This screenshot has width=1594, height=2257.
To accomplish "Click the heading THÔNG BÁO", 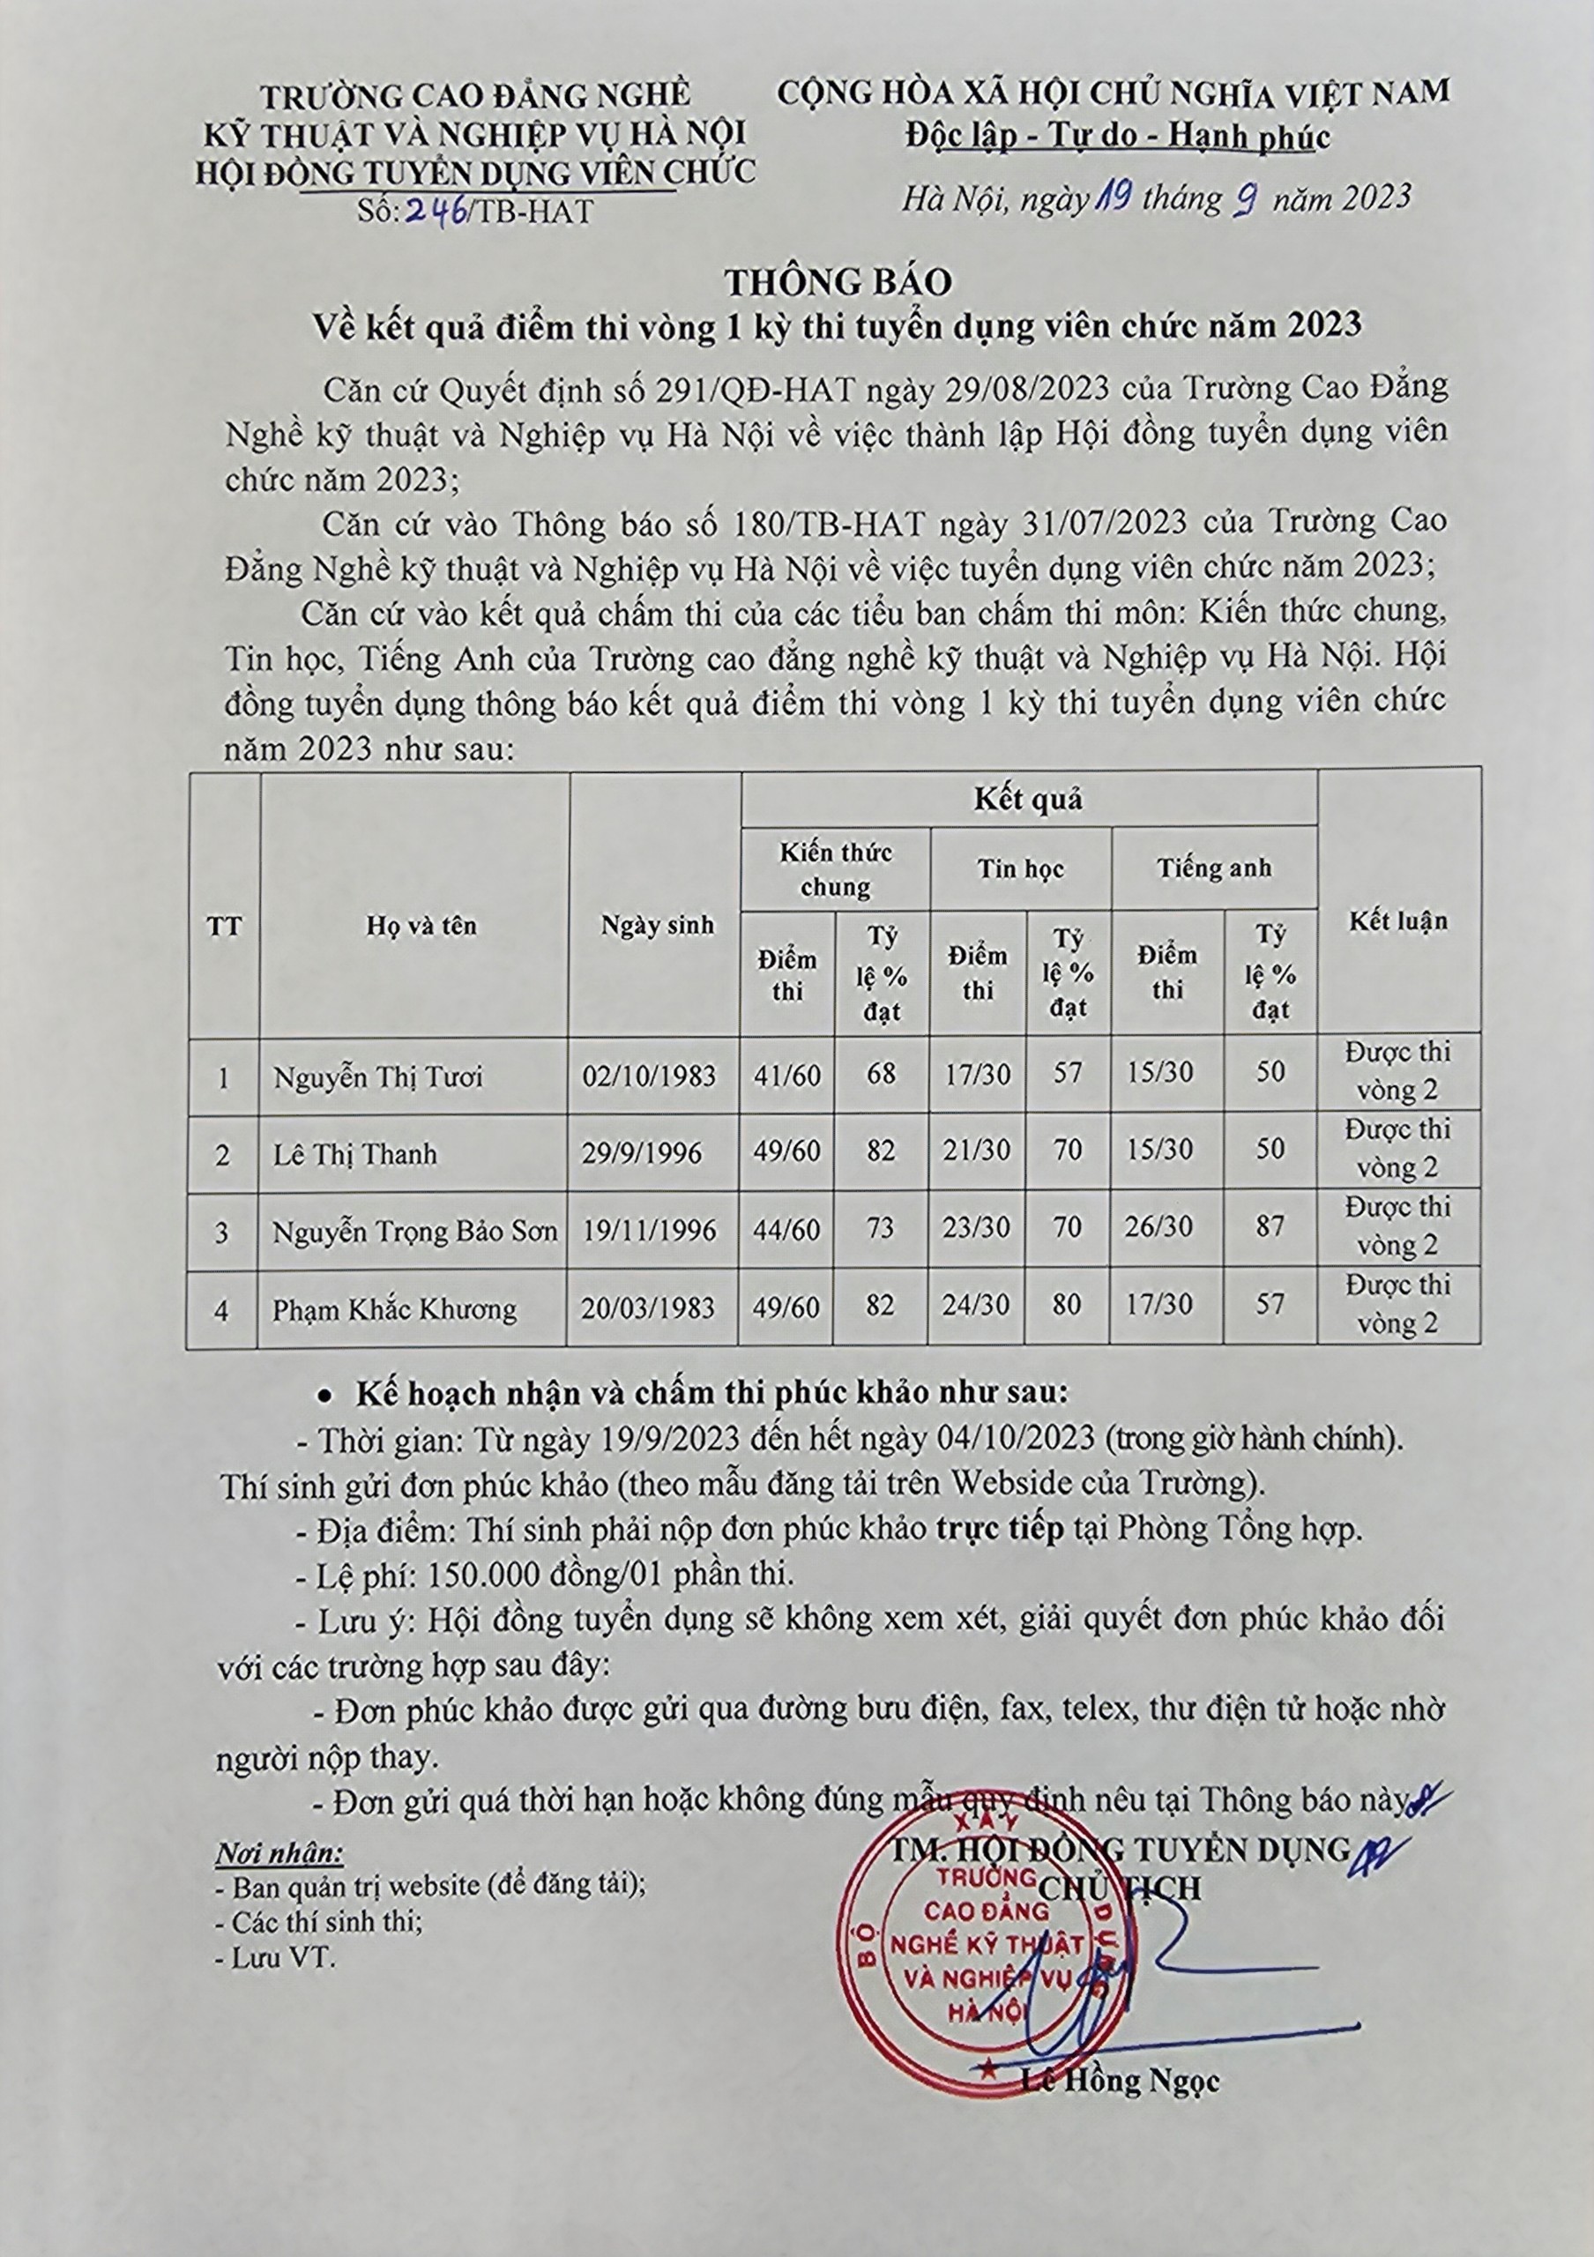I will [x=838, y=282].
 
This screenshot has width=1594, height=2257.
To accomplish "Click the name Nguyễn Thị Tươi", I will [x=378, y=1077].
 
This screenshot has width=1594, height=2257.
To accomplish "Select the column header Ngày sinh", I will [x=657, y=925].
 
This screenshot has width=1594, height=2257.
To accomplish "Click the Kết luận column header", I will [x=1397, y=921].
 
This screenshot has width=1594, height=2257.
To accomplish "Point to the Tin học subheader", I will [x=1020, y=869].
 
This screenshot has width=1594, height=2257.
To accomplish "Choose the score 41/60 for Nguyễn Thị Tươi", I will [x=787, y=1076].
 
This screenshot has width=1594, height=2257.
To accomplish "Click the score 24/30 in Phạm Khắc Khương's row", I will [x=977, y=1306].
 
